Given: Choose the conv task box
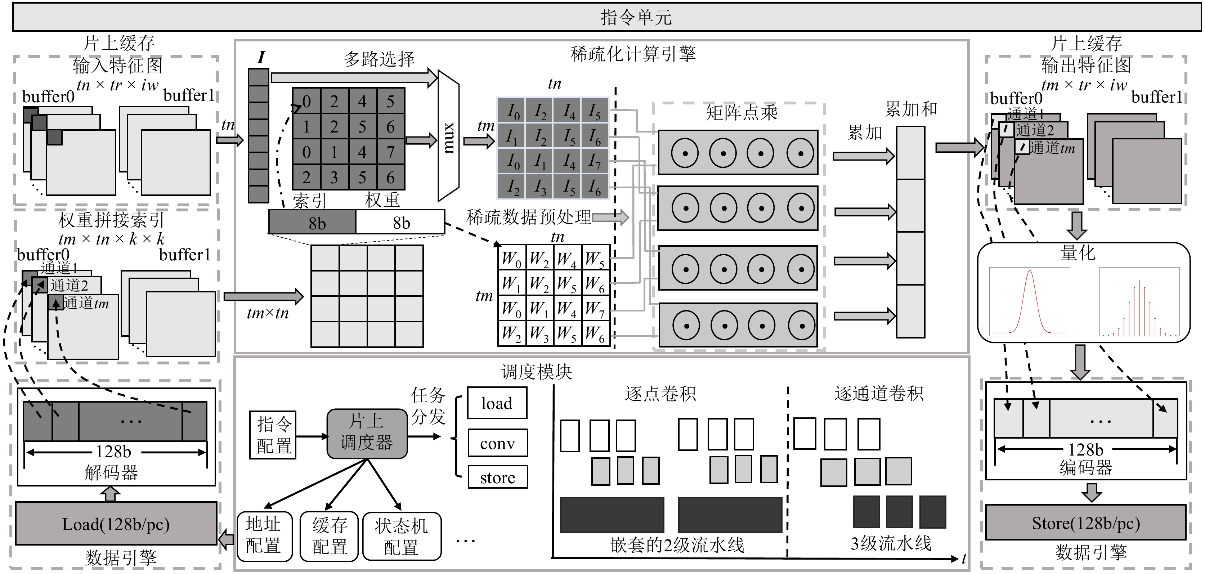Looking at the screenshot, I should [497, 443].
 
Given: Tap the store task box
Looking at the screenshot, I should [497, 477].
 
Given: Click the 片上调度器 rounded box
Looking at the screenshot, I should [367, 434].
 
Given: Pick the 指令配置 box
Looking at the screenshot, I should [273, 435].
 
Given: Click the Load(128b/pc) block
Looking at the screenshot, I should [116, 524].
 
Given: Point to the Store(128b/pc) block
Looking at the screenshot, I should [1085, 523].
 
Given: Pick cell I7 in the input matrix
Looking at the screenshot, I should [595, 161].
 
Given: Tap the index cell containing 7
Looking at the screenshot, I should [390, 152].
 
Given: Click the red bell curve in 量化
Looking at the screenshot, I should [1030, 302].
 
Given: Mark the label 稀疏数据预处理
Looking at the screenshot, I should [529, 217].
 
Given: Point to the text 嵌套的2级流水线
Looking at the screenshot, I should [677, 544].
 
